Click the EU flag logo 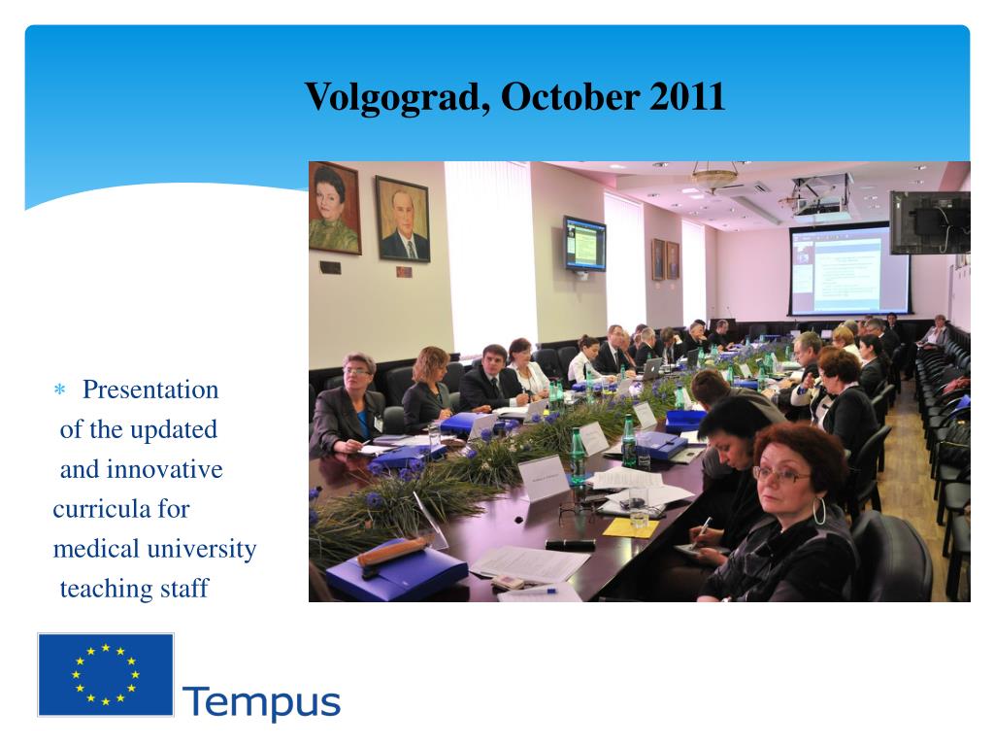[106, 674]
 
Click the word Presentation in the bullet [150, 390]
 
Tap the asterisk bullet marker [60, 390]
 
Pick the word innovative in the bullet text [165, 469]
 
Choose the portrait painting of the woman [335, 208]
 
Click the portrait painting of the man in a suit [403, 220]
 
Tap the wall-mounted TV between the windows [584, 244]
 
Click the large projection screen [849, 270]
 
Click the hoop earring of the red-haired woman [819, 511]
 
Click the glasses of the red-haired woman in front [779, 474]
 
